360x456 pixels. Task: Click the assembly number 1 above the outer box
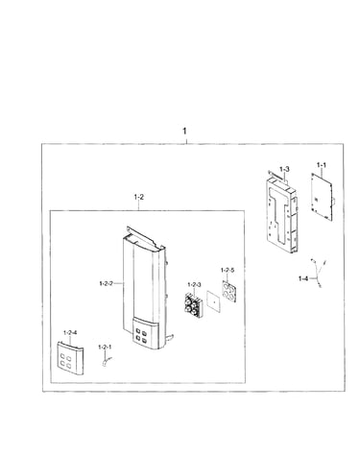coord(184,132)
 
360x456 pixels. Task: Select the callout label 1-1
coord(322,165)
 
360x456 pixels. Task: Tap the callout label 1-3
coord(284,169)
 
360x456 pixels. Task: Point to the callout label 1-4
coord(303,278)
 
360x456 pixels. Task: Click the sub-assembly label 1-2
coord(139,197)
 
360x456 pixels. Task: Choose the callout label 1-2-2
coord(107,283)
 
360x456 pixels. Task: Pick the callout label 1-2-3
coord(194,284)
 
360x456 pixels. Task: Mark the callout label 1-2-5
coord(228,270)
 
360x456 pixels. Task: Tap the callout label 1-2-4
coord(70,333)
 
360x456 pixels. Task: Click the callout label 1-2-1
coord(105,348)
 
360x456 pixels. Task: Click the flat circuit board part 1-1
coord(322,197)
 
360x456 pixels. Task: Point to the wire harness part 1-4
coord(318,272)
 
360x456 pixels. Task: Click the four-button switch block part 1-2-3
coord(193,305)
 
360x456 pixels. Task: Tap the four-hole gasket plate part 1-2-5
coord(228,291)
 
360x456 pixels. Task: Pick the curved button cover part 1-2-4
coord(70,358)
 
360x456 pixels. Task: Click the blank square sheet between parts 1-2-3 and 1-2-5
coord(213,300)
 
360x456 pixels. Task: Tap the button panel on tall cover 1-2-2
coord(145,333)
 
